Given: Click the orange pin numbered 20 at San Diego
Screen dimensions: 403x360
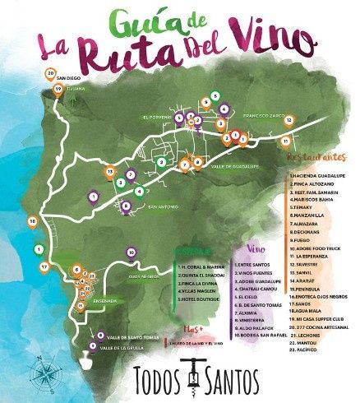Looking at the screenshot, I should click(x=51, y=74).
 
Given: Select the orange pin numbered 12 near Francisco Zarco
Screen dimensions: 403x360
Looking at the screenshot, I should click(x=289, y=121).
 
